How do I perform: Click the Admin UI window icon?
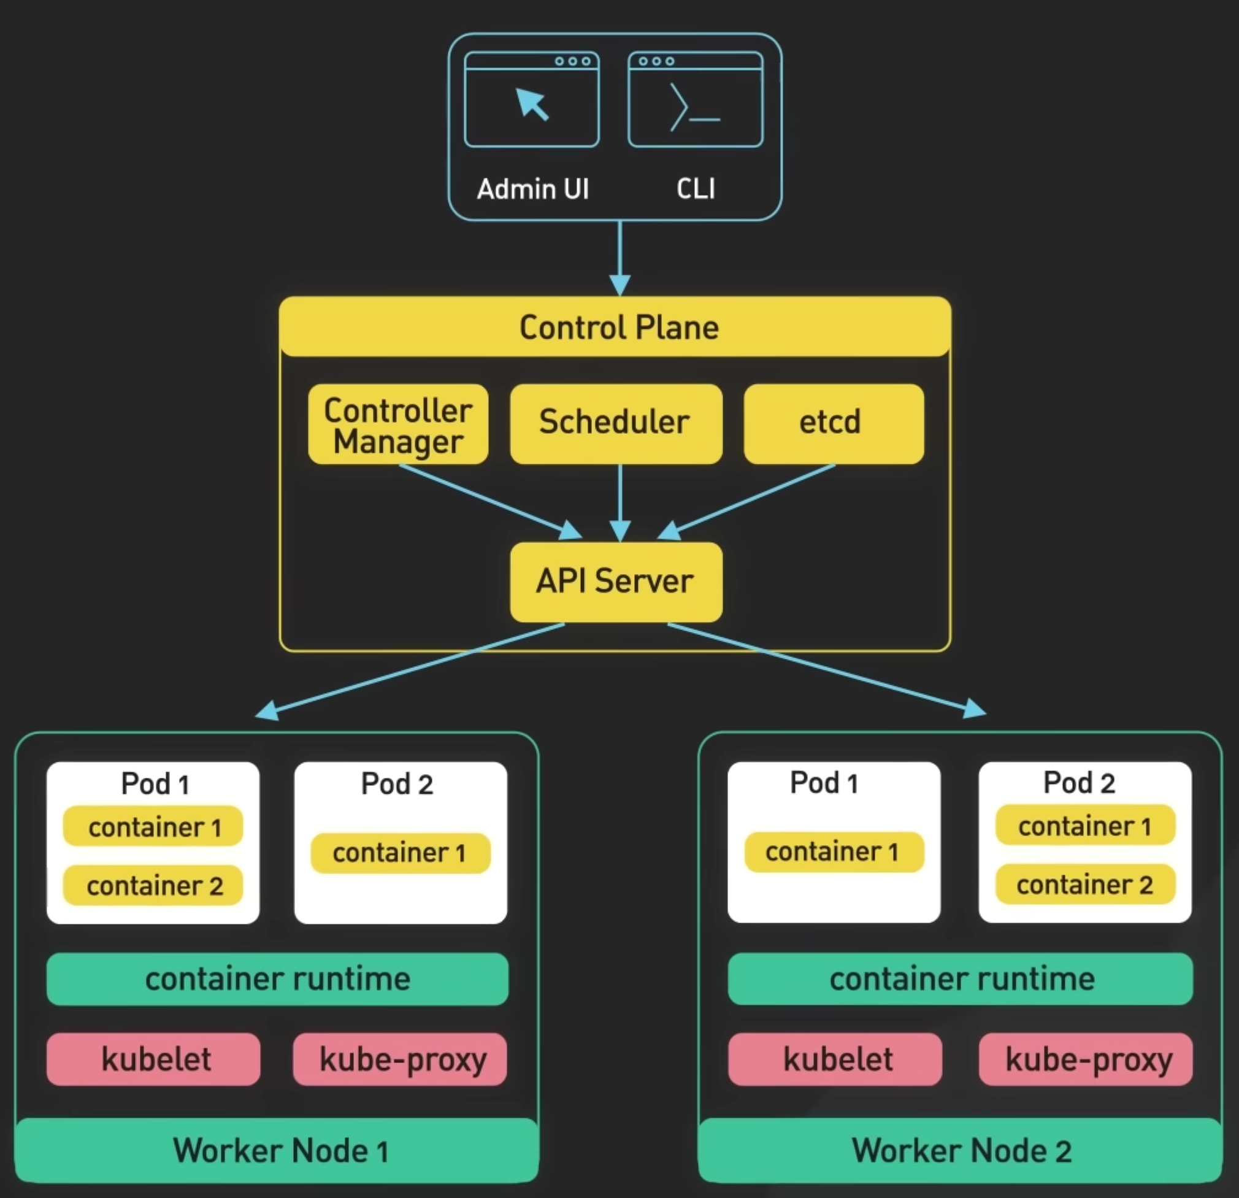[532, 100]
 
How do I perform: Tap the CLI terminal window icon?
[696, 100]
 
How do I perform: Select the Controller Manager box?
[398, 424]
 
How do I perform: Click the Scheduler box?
[616, 423]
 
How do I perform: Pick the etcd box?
[833, 423]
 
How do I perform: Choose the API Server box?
[616, 582]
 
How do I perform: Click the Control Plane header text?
[618, 328]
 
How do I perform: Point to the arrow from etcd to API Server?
[752, 499]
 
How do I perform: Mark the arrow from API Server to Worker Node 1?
[411, 670]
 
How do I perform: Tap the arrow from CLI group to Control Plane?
[620, 256]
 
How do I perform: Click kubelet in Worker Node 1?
[153, 1059]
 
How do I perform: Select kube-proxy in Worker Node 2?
[1086, 1059]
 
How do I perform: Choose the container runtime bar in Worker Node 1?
[277, 978]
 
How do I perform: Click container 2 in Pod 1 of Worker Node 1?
[153, 885]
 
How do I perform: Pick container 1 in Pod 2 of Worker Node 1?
[400, 853]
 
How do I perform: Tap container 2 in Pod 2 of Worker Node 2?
[1085, 884]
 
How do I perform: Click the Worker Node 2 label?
[961, 1150]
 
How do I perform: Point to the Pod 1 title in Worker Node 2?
[824, 783]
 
